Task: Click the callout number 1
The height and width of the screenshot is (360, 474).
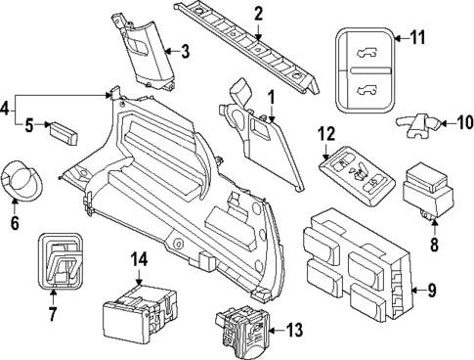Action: pos(273,98)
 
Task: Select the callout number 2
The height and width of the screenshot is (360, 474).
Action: pos(259,14)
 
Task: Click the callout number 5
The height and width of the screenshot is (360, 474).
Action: pos(29,124)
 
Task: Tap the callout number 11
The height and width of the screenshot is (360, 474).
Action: pos(417,38)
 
